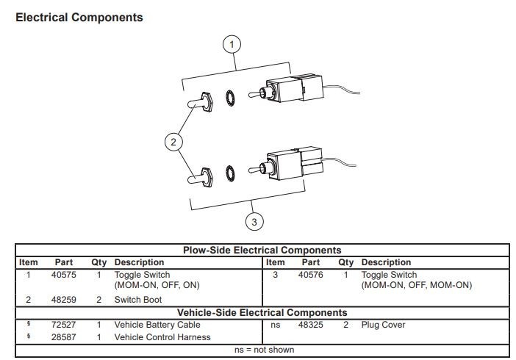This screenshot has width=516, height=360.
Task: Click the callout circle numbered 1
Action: click(232, 44)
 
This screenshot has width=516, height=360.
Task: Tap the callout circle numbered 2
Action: click(173, 143)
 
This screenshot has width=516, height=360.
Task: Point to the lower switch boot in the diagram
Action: click(201, 176)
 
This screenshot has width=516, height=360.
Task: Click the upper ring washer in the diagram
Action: click(230, 97)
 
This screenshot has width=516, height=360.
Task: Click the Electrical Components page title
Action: click(79, 16)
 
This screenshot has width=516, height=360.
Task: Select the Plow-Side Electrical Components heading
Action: click(262, 251)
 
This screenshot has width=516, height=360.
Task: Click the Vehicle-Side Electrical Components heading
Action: click(262, 312)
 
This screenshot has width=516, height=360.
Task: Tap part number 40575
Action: click(63, 275)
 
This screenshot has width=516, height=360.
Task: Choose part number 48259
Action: click(63, 300)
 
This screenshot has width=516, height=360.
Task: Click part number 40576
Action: click(310, 275)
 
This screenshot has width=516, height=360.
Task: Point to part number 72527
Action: click(63, 325)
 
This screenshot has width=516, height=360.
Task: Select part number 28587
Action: click(63, 337)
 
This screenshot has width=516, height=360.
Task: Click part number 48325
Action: click(310, 325)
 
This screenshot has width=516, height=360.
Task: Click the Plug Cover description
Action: click(383, 325)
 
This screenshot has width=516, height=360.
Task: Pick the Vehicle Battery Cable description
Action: click(157, 325)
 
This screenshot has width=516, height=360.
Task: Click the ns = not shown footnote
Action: click(264, 350)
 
